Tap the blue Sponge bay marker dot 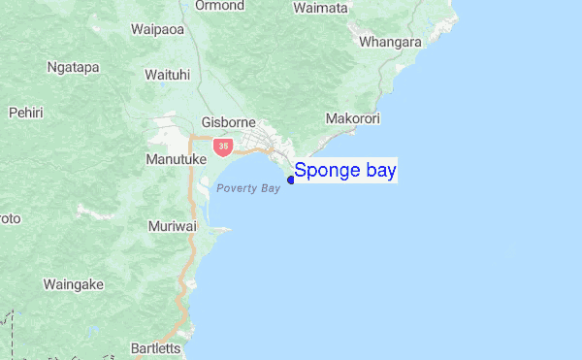tap(291, 180)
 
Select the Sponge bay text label tap(345, 172)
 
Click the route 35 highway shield tap(224, 147)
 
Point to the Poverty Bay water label tap(248, 188)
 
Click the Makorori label tap(353, 118)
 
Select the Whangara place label tap(390, 42)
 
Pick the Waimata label tap(320, 8)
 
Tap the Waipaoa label tap(158, 30)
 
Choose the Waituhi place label tap(167, 74)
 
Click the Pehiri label tap(25, 113)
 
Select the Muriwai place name tap(173, 226)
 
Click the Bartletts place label tap(154, 348)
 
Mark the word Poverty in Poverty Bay tap(236, 188)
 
